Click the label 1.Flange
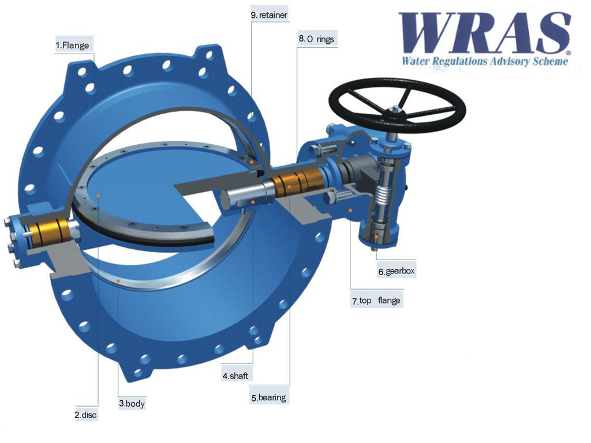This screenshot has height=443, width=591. coord(73,45)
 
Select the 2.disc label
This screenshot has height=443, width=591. coord(87,415)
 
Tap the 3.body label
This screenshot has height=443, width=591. coord(132,404)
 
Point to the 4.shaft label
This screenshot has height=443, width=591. coord(235,376)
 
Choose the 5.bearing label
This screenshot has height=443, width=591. coord(268,397)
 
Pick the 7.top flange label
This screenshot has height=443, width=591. coord(376,301)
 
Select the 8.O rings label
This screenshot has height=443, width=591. coord(316,39)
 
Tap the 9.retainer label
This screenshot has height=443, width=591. coord(269,14)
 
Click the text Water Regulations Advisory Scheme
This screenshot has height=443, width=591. coord(485,61)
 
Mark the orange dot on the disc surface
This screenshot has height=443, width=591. coord(99,196)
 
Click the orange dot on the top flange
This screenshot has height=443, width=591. coord(350,210)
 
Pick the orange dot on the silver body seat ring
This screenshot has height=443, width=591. coord(118,279)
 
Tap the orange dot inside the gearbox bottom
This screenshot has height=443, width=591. coord(377,236)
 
